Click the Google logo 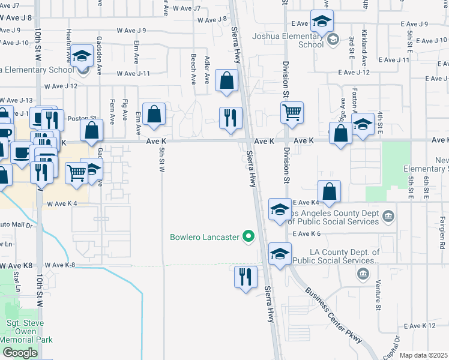(x=20, y=353)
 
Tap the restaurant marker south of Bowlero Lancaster (x=246, y=277)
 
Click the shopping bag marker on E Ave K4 (x=330, y=192)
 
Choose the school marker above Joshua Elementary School (x=322, y=22)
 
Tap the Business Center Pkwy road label (x=333, y=315)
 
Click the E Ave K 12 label (x=420, y=326)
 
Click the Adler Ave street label (x=207, y=70)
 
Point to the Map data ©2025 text (x=424, y=355)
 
